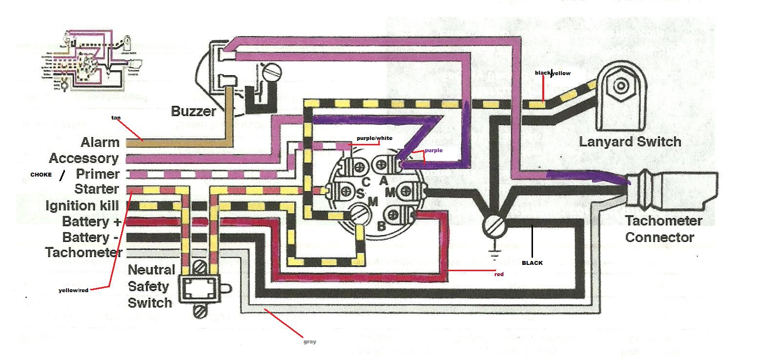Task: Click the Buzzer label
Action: pyautogui.click(x=193, y=111)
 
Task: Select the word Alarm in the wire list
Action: pyautogui.click(x=100, y=142)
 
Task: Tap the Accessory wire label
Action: pyautogui.click(x=84, y=159)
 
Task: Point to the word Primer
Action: pyautogui.click(x=98, y=174)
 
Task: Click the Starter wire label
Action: pyautogui.click(x=97, y=189)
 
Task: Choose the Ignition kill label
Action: pyautogui.click(x=82, y=206)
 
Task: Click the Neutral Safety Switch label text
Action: pyautogui.click(x=150, y=286)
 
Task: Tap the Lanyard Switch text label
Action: pyautogui.click(x=630, y=142)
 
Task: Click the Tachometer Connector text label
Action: pyautogui.click(x=663, y=229)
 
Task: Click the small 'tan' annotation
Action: pyautogui.click(x=116, y=118)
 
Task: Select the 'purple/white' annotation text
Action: pyautogui.click(x=374, y=139)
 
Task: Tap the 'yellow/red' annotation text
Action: pyautogui.click(x=73, y=291)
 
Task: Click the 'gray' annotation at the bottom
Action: pyautogui.click(x=309, y=342)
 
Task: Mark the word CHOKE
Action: pyautogui.click(x=41, y=175)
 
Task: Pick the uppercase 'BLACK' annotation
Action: pyautogui.click(x=532, y=263)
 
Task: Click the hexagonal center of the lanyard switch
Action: pyautogui.click(x=621, y=86)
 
